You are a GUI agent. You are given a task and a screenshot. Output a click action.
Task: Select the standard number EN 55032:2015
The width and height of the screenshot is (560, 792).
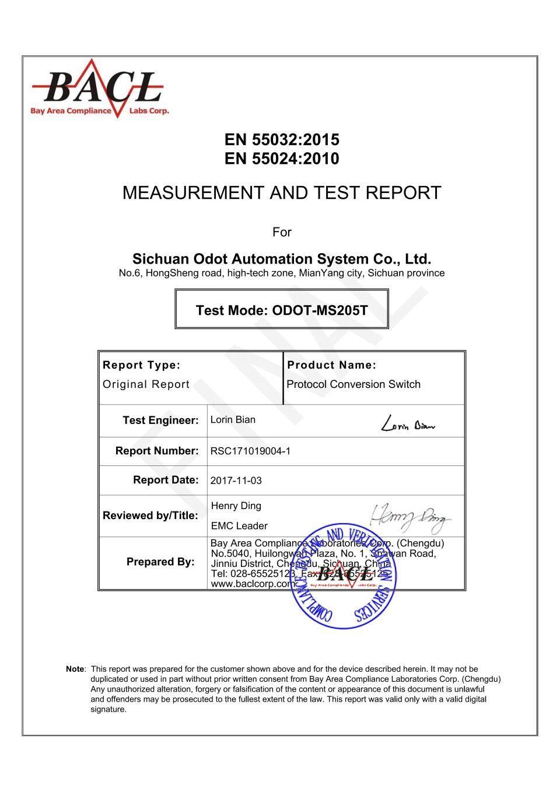pyautogui.click(x=282, y=140)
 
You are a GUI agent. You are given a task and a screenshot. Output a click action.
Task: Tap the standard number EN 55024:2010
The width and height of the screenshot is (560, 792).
pyautogui.click(x=282, y=159)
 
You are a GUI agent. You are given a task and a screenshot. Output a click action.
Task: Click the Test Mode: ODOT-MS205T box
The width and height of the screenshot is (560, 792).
pyautogui.click(x=282, y=310)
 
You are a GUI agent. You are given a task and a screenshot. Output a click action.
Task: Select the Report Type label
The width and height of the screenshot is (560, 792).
pyautogui.click(x=142, y=366)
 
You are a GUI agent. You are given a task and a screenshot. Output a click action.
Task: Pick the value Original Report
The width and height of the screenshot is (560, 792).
pyautogui.click(x=146, y=384)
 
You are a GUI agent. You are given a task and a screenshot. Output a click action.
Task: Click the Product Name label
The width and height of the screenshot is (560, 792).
pyautogui.click(x=332, y=366)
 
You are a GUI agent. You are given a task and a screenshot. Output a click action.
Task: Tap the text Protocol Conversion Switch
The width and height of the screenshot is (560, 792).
pyautogui.click(x=353, y=384)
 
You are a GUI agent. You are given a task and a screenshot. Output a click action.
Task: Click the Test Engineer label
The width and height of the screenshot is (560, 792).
pyautogui.click(x=160, y=420)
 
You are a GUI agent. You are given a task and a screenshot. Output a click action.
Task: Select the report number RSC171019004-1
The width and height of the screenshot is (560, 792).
pyautogui.click(x=250, y=451)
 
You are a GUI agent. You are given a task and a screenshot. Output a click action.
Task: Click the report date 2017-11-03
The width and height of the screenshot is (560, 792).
pyautogui.click(x=236, y=481)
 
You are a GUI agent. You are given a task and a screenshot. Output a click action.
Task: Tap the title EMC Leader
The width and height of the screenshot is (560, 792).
pyautogui.click(x=239, y=526)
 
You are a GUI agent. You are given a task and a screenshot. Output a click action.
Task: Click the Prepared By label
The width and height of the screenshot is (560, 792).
pyautogui.click(x=160, y=562)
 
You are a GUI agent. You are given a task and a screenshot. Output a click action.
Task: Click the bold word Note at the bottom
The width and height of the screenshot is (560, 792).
pyautogui.click(x=75, y=669)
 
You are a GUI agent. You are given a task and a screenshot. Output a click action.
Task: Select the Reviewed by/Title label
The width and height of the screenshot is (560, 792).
pyautogui.click(x=150, y=516)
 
